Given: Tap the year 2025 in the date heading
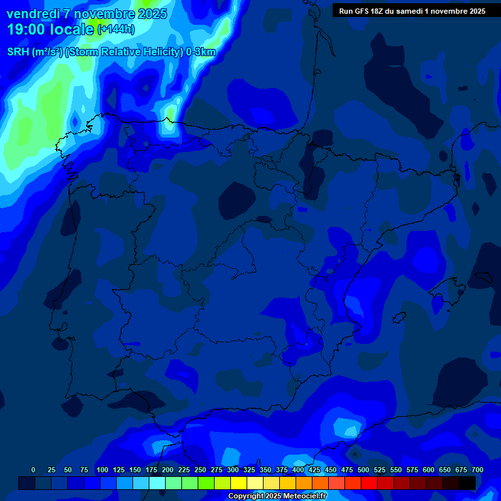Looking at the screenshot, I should point(148,14).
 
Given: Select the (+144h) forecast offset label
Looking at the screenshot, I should point(115,29).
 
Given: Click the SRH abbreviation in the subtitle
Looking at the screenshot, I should point(19,52).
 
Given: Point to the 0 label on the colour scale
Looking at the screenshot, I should point(33,470).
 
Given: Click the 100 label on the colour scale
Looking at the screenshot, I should point(102,470).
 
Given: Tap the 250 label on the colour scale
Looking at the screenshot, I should point(200,470).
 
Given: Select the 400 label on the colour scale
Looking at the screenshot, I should point(298,470).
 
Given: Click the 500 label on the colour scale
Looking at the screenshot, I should point(363,470).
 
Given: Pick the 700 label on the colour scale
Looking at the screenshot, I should point(478,470).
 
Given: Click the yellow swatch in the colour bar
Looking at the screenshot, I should point(239,483).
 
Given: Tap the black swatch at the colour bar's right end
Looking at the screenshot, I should point(467,483).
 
